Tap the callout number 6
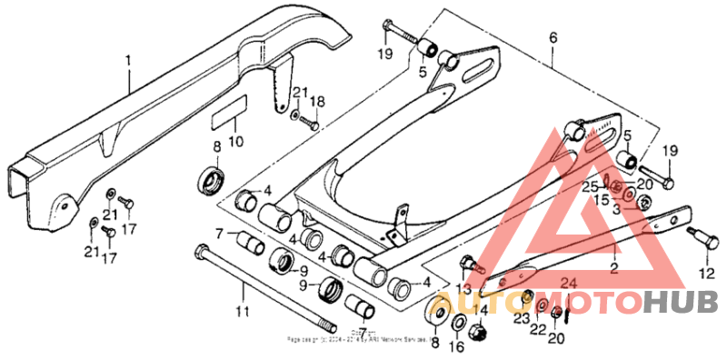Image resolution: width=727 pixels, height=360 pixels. pyautogui.click(x=552, y=37)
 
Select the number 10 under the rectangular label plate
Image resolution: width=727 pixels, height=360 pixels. pyautogui.click(x=234, y=142)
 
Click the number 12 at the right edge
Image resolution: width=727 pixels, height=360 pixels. pyautogui.click(x=706, y=273)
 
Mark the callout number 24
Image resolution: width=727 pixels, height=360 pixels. pyautogui.click(x=568, y=283)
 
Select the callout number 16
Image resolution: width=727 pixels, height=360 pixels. pyautogui.click(x=456, y=345)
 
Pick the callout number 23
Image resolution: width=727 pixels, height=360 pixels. pyautogui.click(x=521, y=319)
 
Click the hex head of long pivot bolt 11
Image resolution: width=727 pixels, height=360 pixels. pyautogui.click(x=197, y=250)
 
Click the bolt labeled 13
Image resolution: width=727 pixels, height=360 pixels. pyautogui.click(x=469, y=265)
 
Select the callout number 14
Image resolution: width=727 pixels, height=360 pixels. pyautogui.click(x=483, y=310)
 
